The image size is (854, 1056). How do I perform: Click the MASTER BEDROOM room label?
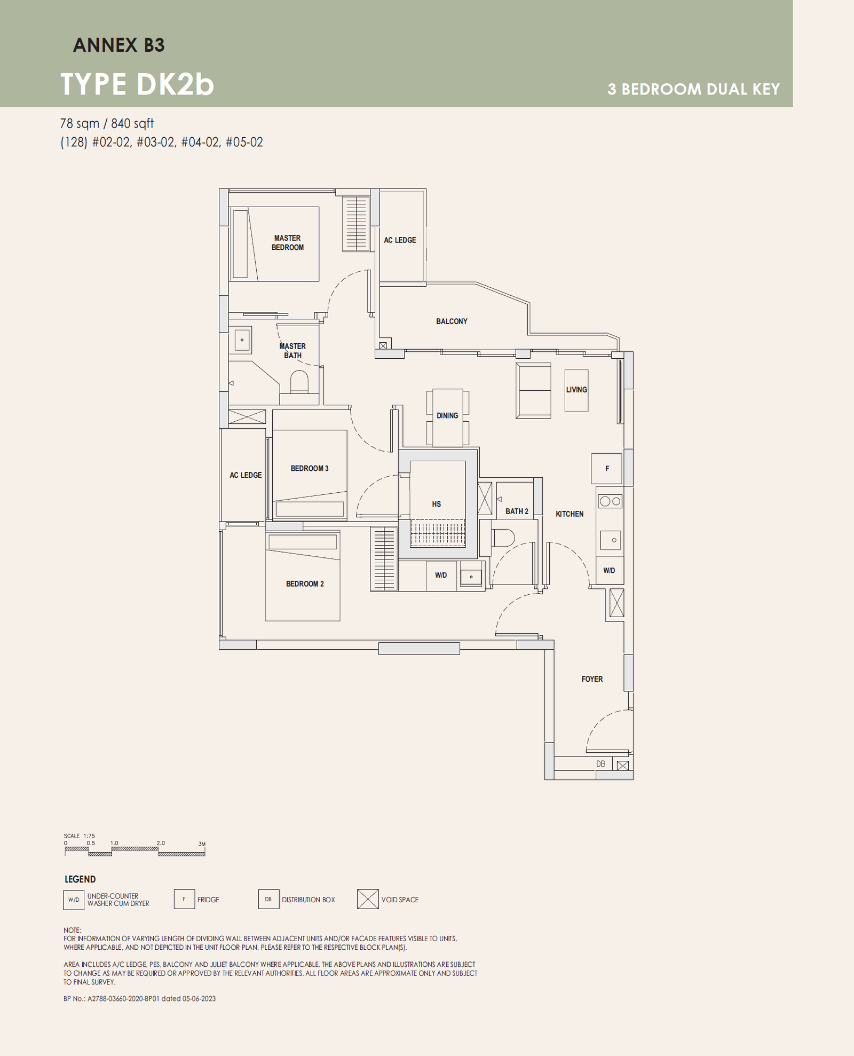pyautogui.click(x=287, y=242)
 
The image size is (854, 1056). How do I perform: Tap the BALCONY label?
pyautogui.click(x=452, y=321)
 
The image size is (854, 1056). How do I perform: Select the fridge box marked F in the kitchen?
pyautogui.click(x=606, y=469)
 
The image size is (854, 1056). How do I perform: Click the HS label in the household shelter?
pyautogui.click(x=436, y=504)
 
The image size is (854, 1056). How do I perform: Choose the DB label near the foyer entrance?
pyautogui.click(x=601, y=764)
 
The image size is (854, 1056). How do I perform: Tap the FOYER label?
pyautogui.click(x=592, y=679)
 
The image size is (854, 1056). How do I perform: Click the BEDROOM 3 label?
pyautogui.click(x=309, y=468)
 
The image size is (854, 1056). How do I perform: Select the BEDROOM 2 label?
pyautogui.click(x=305, y=584)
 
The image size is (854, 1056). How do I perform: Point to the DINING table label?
pyautogui.click(x=447, y=415)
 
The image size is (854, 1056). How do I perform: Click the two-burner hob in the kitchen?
pyautogui.click(x=610, y=501)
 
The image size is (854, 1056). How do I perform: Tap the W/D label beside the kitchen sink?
pyautogui.click(x=609, y=570)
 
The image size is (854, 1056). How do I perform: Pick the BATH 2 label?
pyautogui.click(x=517, y=511)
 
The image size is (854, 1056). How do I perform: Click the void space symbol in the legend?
pyautogui.click(x=368, y=899)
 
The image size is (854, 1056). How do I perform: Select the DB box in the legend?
pyautogui.click(x=268, y=899)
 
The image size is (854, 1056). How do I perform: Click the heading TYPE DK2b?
pyautogui.click(x=137, y=84)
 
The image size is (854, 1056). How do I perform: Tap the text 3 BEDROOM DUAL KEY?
pyautogui.click(x=693, y=89)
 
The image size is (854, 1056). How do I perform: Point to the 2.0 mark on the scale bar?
pyautogui.click(x=161, y=844)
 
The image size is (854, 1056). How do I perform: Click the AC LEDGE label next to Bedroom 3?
pyautogui.click(x=246, y=475)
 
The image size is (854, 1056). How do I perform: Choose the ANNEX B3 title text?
pyautogui.click(x=118, y=45)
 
